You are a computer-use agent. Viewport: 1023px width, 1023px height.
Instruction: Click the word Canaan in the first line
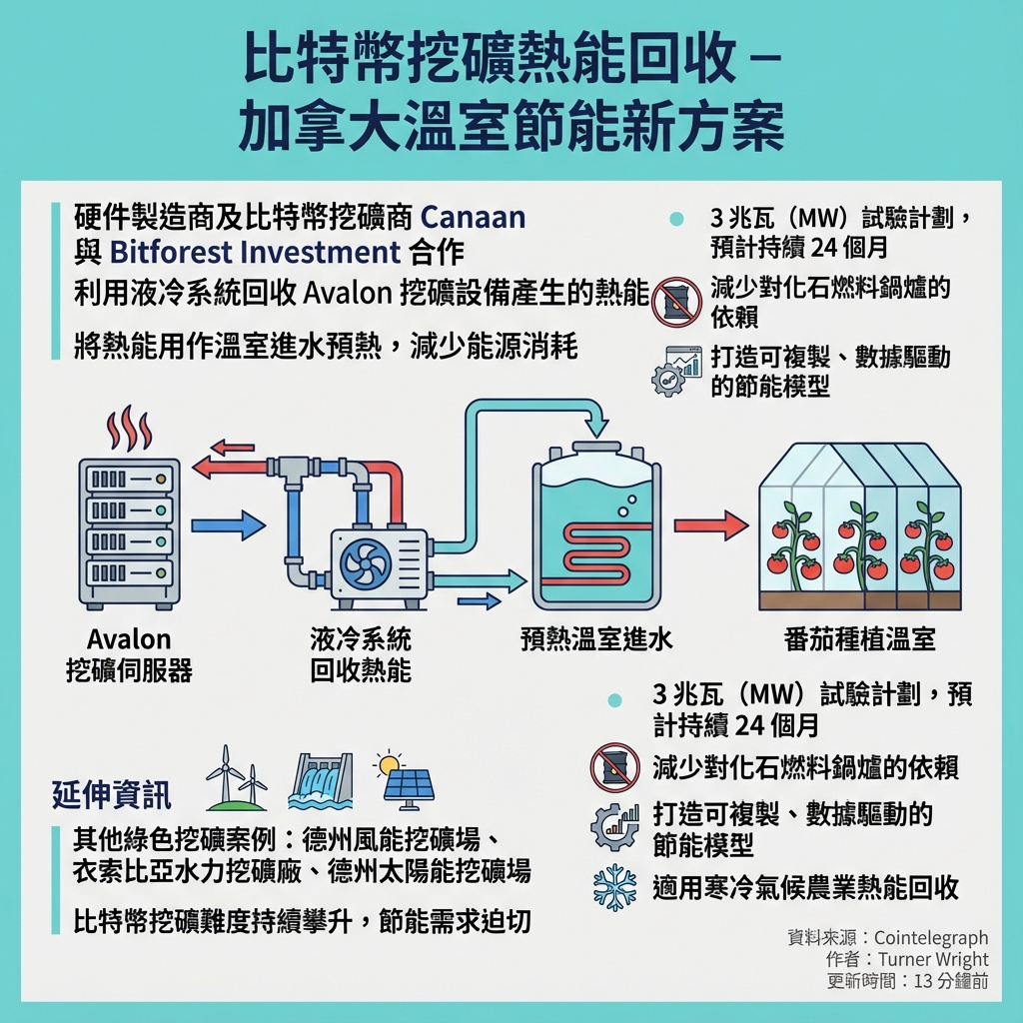[x=473, y=217]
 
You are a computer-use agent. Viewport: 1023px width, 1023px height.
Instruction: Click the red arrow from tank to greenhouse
[x=710, y=524]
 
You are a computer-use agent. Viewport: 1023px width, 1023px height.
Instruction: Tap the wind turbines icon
[x=237, y=778]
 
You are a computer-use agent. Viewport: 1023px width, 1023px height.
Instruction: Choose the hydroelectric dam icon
[x=321, y=780]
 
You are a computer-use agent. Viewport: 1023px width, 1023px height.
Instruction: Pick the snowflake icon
[x=614, y=887]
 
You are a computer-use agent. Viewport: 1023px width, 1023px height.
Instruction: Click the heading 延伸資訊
[x=111, y=795]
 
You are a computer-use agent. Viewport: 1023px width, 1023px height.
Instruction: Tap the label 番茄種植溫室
[x=860, y=639]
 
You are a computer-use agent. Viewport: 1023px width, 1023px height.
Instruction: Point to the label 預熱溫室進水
[x=596, y=639]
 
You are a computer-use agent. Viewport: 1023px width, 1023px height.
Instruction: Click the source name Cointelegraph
[x=930, y=937]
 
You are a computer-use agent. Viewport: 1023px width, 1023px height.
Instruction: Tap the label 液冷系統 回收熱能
[x=361, y=654]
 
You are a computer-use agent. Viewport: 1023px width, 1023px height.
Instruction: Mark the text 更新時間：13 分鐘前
[x=908, y=981]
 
